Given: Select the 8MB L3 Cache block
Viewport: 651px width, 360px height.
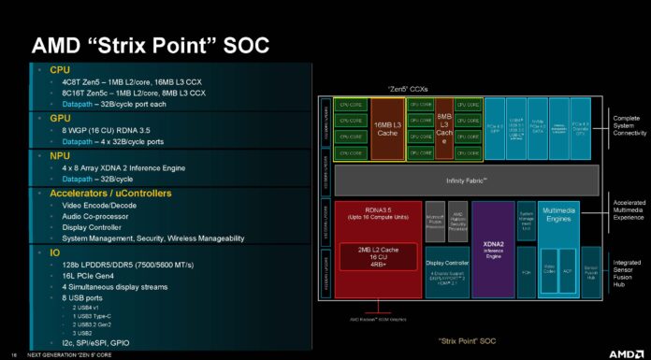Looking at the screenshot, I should click(444, 127).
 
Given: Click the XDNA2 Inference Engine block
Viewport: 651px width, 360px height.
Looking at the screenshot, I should click(493, 248).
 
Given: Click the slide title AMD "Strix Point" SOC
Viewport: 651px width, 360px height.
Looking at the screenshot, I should click(151, 45).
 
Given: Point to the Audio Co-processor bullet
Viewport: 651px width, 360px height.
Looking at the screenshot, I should click(94, 215).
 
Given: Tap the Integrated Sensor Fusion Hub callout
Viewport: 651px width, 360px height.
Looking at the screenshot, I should click(628, 269).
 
